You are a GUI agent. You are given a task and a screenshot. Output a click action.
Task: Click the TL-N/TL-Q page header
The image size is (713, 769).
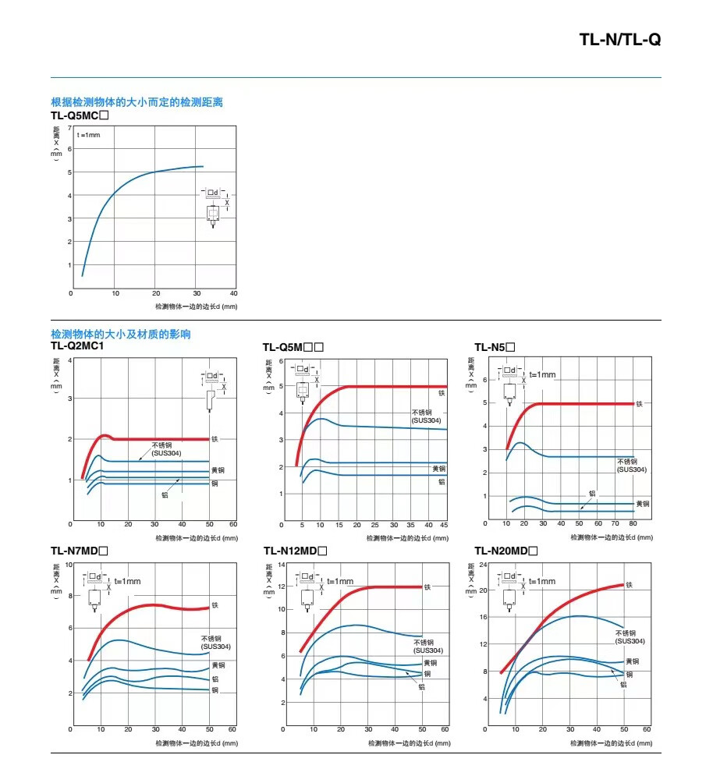coord(619,40)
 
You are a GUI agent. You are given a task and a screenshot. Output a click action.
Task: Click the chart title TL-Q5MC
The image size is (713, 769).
coord(79,115)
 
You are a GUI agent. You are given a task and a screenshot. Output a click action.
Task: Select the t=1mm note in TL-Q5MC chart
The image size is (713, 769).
coord(89,135)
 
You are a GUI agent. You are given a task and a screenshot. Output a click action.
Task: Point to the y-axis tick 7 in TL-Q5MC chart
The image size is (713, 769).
coord(69,127)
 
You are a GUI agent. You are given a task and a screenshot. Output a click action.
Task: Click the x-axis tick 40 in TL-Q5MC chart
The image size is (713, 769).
coord(234,293)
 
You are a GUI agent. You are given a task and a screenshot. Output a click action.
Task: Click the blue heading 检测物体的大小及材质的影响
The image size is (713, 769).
coord(120,334)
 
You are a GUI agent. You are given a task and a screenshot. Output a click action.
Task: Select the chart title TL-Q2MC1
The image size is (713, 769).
coord(77,346)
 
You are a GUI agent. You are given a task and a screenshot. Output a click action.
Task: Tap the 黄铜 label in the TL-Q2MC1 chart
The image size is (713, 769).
coord(218,470)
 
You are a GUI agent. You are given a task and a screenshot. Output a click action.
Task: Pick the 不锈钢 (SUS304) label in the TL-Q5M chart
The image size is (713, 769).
coord(426,416)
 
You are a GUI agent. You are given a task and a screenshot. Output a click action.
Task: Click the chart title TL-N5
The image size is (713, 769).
coord(495,347)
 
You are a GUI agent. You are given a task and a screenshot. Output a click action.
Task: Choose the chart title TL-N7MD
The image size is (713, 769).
coord(79,551)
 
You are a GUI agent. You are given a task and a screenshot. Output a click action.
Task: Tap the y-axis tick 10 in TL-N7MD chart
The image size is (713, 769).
coord(69,564)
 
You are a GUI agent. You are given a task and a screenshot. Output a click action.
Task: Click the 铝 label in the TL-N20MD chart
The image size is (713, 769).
coord(623,684)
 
